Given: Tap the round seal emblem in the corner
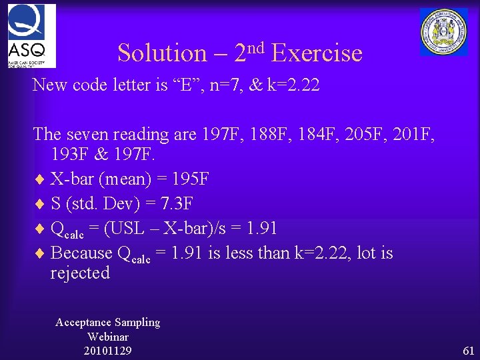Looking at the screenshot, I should tap(443, 31).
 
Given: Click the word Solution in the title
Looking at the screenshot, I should tap(162, 53).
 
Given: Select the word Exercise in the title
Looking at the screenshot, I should tap(317, 53).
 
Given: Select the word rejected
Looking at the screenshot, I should tap(80, 273).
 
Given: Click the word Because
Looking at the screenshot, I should tap(81, 253).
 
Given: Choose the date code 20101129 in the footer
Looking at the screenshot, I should tap(107, 351).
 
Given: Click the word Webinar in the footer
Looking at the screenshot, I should tap(107, 337).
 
